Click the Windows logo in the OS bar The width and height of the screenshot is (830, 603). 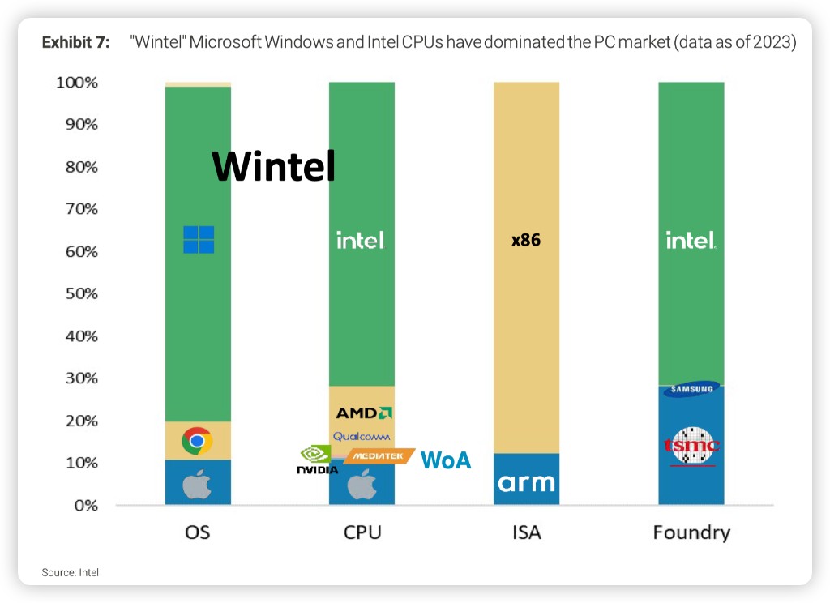tap(199, 240)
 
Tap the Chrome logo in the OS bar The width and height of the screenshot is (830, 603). tap(197, 441)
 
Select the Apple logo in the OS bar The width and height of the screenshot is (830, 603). tap(197, 485)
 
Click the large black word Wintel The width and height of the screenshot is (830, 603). tap(273, 166)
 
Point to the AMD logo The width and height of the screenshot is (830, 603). tap(364, 413)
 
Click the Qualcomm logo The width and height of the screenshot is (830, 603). tap(362, 437)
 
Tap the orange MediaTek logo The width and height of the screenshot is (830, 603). tap(379, 456)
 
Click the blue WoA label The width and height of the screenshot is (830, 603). tap(445, 460)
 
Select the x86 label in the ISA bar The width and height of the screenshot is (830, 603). tap(525, 240)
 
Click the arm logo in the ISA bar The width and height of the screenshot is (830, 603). tap(526, 483)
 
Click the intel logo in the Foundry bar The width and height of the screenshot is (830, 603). tap(691, 240)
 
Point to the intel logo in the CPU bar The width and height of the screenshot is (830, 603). tap(361, 240)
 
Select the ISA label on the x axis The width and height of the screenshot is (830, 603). tap(526, 532)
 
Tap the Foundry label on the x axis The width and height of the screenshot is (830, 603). tap(691, 532)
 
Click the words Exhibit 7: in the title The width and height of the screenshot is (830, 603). tap(75, 43)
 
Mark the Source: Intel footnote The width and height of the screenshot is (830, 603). tap(71, 572)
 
